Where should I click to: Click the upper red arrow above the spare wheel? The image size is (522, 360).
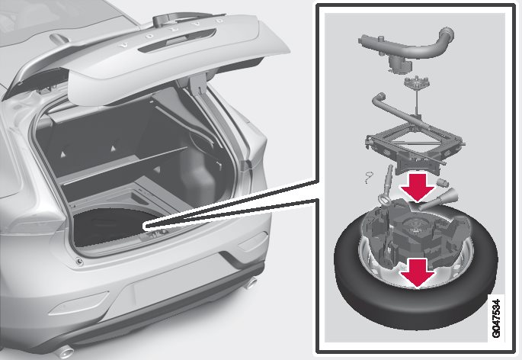[418, 187]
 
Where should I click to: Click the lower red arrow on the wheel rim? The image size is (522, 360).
[418, 273]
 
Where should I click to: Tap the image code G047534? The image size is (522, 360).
[495, 318]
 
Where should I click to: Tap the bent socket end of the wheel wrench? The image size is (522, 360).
[379, 100]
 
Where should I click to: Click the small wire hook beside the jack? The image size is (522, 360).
[369, 177]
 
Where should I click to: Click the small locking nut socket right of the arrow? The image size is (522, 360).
[443, 182]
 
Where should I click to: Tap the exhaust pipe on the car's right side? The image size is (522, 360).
[251, 283]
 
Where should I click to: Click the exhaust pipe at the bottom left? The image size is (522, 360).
[65, 351]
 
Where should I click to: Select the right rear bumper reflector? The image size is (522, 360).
[253, 241]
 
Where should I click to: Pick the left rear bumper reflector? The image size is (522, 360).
[79, 304]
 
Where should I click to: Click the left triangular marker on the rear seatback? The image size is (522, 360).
[62, 154]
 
